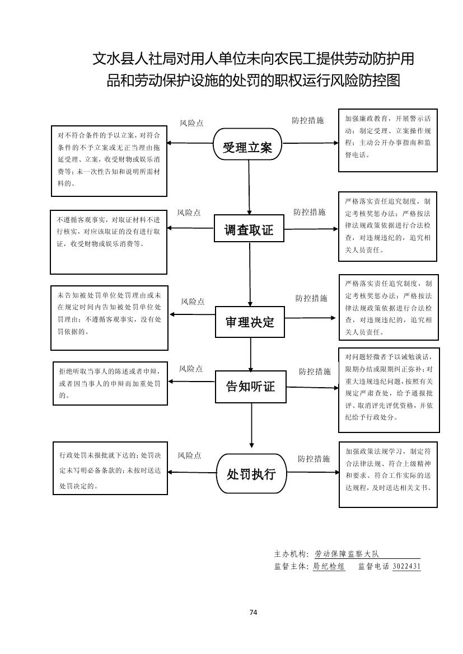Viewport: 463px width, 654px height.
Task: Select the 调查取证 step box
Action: [249, 230]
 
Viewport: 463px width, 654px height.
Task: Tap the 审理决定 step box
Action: [250, 322]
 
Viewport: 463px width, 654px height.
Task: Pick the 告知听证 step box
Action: [250, 386]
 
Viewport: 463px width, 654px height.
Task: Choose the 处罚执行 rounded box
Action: [251, 474]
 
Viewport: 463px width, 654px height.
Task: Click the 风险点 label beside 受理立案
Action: [191, 123]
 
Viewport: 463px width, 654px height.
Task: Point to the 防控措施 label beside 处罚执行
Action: [314, 459]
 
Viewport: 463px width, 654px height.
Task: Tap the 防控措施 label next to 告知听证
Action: [315, 371]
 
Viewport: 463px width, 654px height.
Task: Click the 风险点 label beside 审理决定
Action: [193, 302]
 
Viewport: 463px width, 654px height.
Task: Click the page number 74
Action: [253, 613]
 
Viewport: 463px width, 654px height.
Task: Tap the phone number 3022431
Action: [406, 566]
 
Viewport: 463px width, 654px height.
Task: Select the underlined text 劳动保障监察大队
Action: [347, 554]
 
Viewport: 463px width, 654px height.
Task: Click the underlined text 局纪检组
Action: [329, 566]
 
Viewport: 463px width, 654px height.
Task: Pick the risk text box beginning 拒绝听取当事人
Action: [110, 383]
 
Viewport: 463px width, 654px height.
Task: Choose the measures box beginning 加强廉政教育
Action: [388, 140]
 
